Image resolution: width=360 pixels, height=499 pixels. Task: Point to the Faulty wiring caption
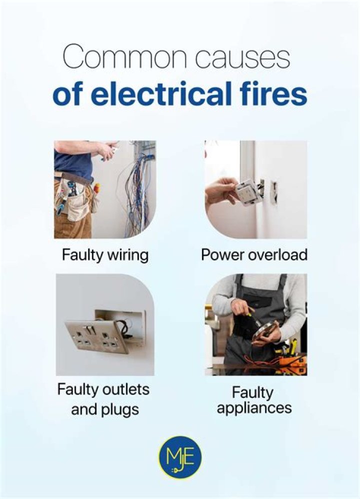[105, 255]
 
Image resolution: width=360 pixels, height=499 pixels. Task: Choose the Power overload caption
[254, 255]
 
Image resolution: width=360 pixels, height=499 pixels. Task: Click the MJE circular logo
[179, 457]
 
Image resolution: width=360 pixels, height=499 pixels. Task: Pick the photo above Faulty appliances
[255, 324]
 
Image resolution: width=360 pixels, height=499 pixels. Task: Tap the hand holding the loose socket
[220, 190]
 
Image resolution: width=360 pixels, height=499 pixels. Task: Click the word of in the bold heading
[67, 94]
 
